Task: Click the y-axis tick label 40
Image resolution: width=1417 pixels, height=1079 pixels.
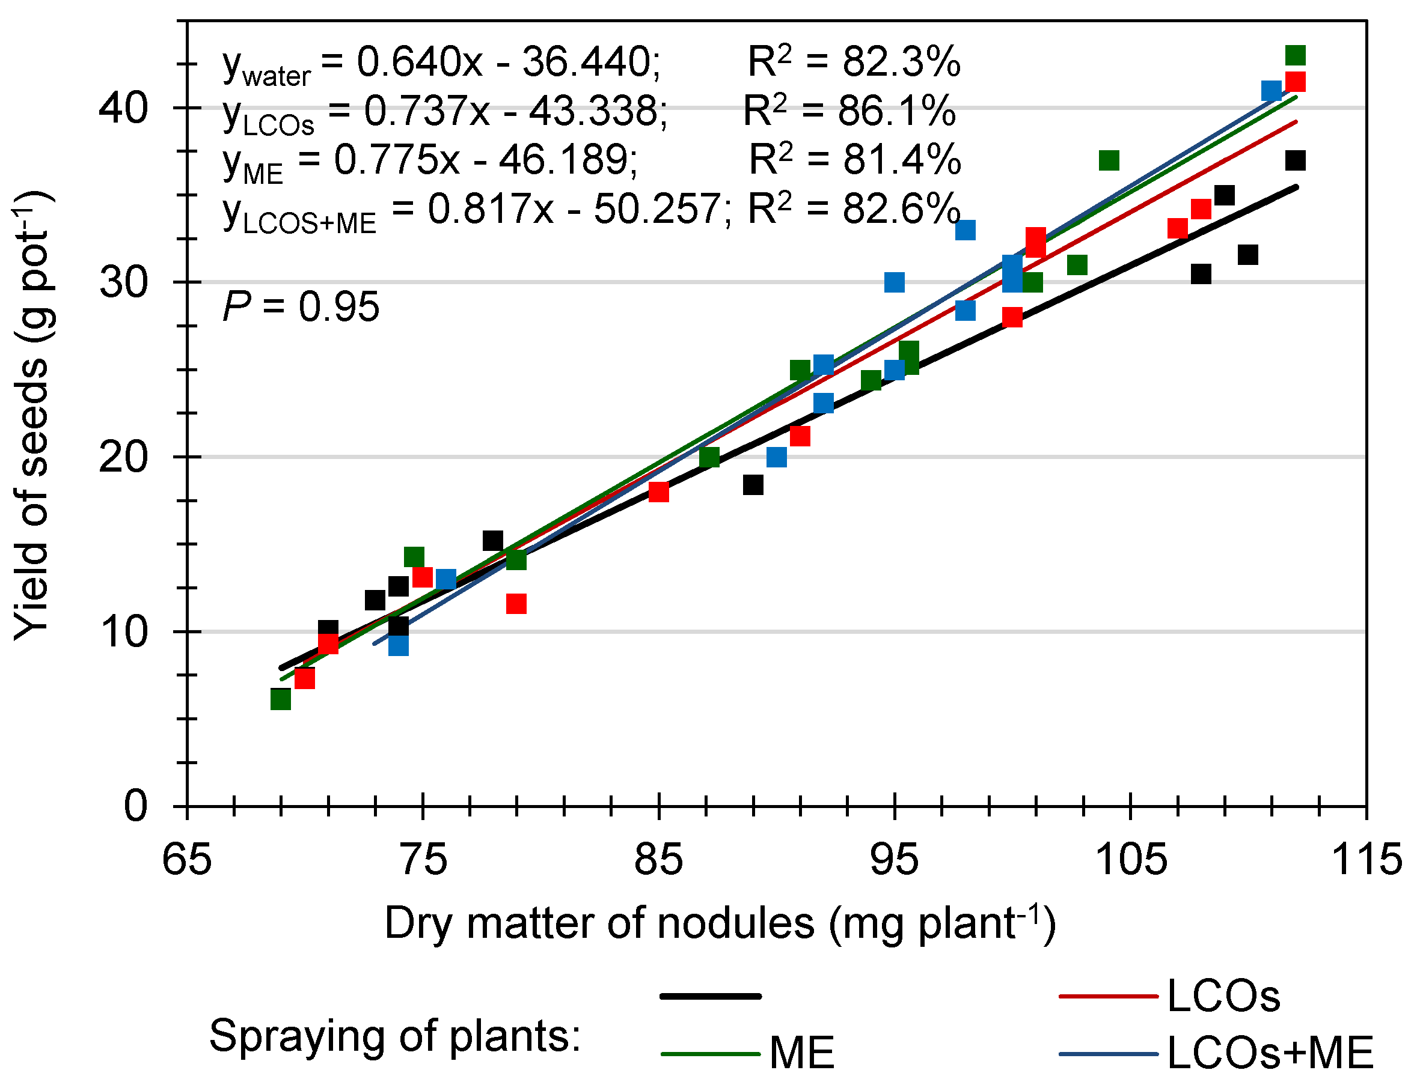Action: (123, 108)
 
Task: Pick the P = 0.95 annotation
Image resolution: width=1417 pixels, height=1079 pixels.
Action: (301, 307)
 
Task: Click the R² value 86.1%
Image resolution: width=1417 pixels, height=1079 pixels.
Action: (896, 111)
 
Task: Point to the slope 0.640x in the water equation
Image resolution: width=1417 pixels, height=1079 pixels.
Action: (419, 62)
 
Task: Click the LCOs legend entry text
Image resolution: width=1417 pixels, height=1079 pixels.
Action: (1223, 997)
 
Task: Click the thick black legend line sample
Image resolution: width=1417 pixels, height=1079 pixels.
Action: (710, 996)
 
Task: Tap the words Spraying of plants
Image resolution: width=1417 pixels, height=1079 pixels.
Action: (394, 1036)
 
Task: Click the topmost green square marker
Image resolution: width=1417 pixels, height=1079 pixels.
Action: (1295, 56)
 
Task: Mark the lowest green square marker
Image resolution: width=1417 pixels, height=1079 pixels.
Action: (281, 699)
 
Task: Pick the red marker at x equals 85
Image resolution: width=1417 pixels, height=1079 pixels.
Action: (659, 492)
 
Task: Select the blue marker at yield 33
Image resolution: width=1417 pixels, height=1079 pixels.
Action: (966, 230)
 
